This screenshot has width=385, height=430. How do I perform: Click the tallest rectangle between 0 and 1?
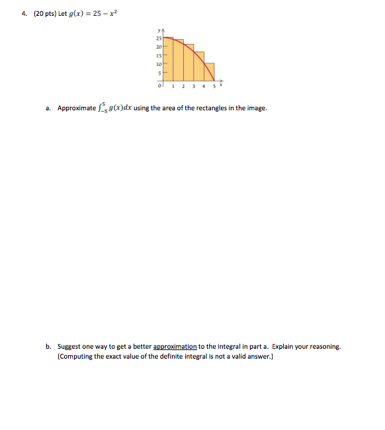169,59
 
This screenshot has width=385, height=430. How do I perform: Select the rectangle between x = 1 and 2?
179,61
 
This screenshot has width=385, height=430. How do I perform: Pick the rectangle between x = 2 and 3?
189,63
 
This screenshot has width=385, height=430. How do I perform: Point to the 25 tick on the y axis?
159,40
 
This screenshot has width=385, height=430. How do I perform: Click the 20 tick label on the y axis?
159,48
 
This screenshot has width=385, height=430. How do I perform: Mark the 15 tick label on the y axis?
159,56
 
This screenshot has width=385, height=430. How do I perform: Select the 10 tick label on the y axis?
159,65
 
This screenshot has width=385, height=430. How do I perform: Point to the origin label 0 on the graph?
159,86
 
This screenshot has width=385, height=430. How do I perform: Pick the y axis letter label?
159,29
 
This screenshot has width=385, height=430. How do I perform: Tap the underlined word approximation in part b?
175,346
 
